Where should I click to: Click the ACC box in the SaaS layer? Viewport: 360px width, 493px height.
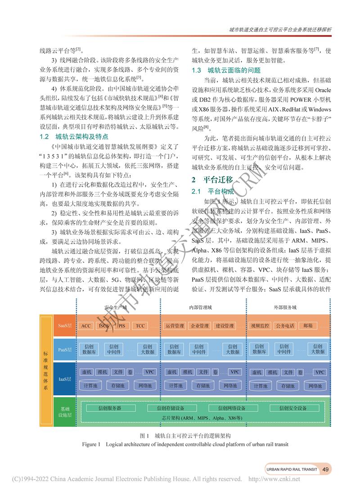point(86,326)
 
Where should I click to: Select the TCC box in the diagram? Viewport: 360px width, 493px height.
point(140,326)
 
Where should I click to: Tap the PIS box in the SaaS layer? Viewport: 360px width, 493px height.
point(122,326)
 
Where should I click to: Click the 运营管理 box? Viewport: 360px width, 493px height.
point(175,326)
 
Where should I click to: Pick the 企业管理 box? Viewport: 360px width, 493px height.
point(200,326)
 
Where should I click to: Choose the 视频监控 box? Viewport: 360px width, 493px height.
point(260,326)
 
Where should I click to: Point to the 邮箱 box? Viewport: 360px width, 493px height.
point(308,326)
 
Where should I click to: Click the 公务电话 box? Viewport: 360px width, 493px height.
point(285,326)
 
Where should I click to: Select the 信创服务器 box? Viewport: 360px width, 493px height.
point(110,408)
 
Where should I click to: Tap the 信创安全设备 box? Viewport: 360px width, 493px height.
point(293,408)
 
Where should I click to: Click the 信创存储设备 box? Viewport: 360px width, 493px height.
point(171,408)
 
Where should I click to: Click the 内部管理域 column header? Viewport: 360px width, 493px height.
point(201,308)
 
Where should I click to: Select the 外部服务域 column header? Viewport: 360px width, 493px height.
point(285,308)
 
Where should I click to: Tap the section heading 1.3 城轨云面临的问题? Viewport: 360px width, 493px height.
point(226,70)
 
